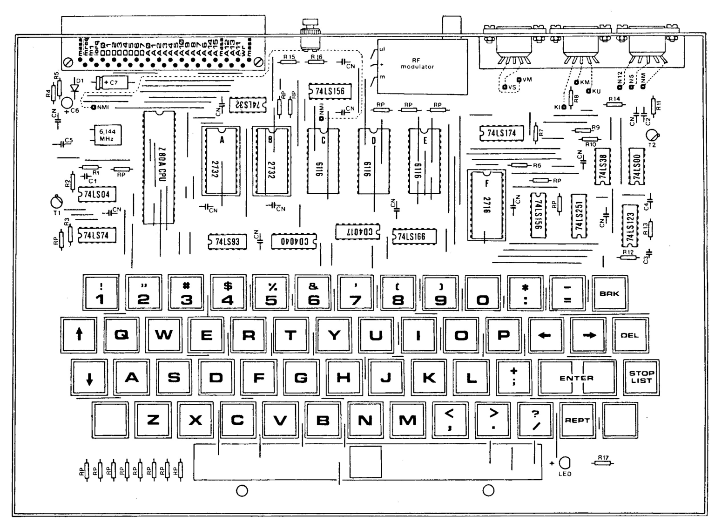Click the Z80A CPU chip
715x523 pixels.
tap(159, 167)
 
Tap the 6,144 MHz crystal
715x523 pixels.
tap(107, 135)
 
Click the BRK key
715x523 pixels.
tap(609, 293)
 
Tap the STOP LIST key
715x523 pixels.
tap(641, 377)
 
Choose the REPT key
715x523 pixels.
tap(577, 420)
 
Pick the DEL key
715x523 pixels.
tap(630, 335)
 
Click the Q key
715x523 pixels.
tap(121, 335)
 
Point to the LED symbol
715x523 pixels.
tap(565, 462)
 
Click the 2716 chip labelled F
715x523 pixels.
tap(486, 204)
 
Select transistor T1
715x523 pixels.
tap(57, 202)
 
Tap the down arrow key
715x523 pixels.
tap(89, 377)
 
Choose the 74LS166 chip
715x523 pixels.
tap(415, 236)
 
